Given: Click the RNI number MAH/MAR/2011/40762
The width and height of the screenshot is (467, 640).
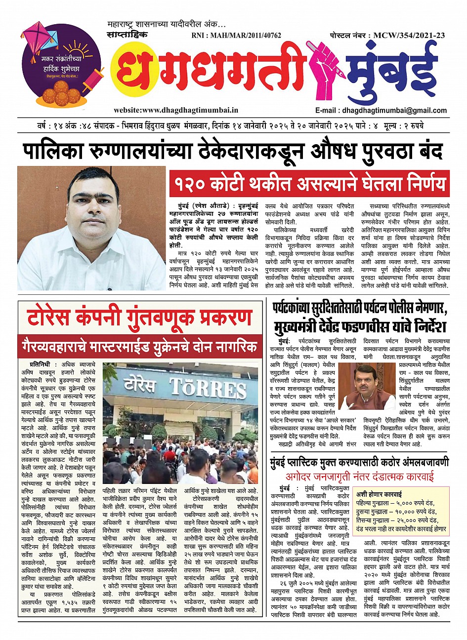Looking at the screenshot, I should point(236,36).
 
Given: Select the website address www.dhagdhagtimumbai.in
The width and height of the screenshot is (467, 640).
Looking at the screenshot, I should point(176,111).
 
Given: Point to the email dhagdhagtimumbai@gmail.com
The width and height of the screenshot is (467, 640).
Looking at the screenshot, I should point(380,111).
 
